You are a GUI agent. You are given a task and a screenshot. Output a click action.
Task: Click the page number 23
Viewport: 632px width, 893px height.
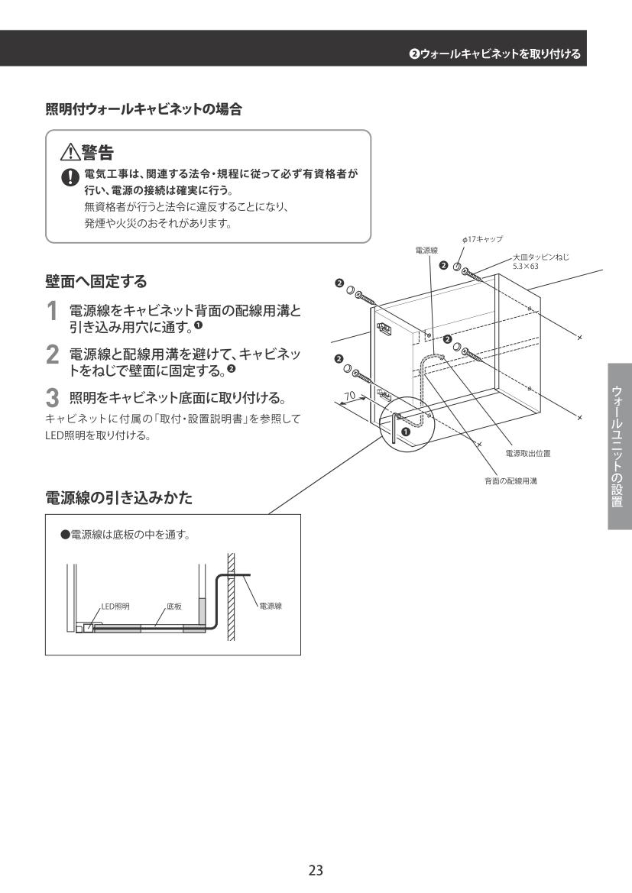click(x=316, y=869)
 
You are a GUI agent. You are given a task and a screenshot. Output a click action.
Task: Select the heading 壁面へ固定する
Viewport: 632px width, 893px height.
click(x=97, y=282)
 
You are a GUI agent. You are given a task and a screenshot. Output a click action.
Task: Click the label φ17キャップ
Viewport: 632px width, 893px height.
click(x=481, y=240)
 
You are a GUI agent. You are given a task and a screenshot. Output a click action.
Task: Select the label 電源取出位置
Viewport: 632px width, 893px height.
click(x=528, y=453)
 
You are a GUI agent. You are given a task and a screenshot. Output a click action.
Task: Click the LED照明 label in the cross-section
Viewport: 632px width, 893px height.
click(x=115, y=606)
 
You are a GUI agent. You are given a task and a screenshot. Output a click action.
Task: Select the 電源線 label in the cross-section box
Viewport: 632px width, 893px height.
click(x=271, y=606)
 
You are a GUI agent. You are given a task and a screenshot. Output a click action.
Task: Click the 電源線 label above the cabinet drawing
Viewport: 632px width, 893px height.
click(x=426, y=251)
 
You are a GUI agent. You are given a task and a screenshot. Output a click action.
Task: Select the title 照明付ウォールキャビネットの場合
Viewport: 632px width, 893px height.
click(x=144, y=109)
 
